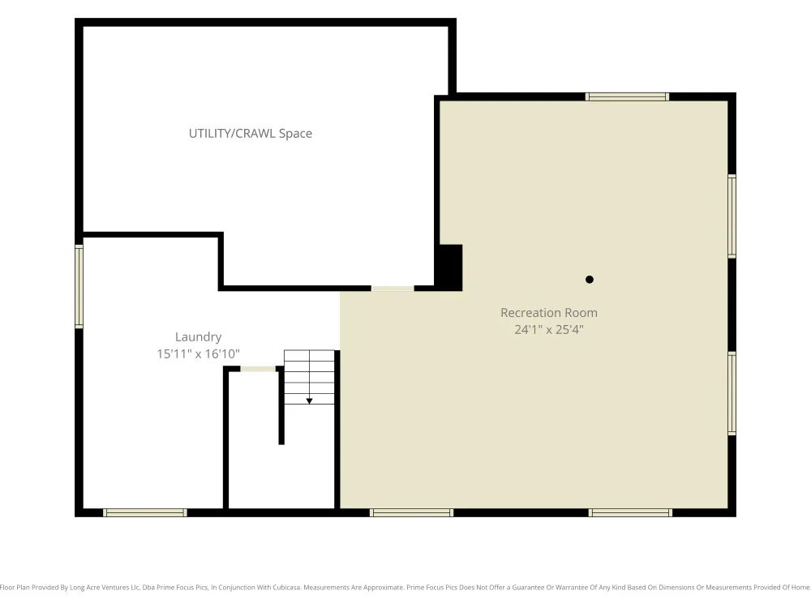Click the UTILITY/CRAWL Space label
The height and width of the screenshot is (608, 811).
(251, 134)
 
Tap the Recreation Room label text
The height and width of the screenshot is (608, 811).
(549, 313)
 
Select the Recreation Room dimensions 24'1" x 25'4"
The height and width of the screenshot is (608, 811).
(549, 329)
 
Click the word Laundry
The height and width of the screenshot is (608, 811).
(198, 337)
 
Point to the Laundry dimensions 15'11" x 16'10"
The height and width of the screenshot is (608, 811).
(198, 353)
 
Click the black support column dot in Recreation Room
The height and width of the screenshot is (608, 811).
(589, 280)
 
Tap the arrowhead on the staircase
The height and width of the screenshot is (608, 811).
(309, 401)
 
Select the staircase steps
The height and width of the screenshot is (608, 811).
(309, 378)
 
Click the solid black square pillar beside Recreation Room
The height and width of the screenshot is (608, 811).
(450, 268)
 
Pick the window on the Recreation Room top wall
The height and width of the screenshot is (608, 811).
(627, 96)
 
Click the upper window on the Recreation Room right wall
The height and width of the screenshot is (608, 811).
(732, 216)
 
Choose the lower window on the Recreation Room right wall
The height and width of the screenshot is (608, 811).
(732, 393)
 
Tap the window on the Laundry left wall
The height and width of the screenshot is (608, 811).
(79, 286)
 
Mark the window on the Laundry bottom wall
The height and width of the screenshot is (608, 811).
(145, 513)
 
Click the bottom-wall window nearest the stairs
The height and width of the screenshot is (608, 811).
(412, 513)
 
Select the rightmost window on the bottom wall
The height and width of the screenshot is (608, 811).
(630, 513)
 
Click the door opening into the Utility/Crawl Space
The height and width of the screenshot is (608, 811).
(393, 289)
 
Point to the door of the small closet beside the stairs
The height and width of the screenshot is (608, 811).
(258, 369)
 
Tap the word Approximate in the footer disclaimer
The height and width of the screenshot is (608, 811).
(384, 587)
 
